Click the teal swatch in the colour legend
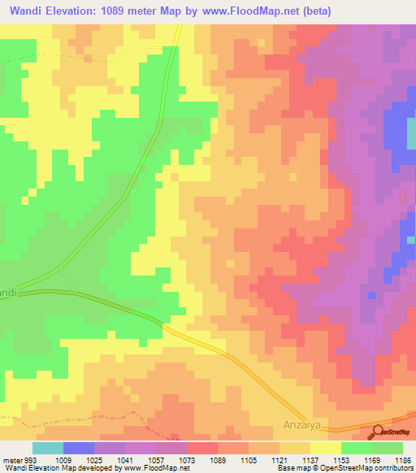point(48,448)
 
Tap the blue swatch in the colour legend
point(79,448)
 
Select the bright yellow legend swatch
point(326,448)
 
